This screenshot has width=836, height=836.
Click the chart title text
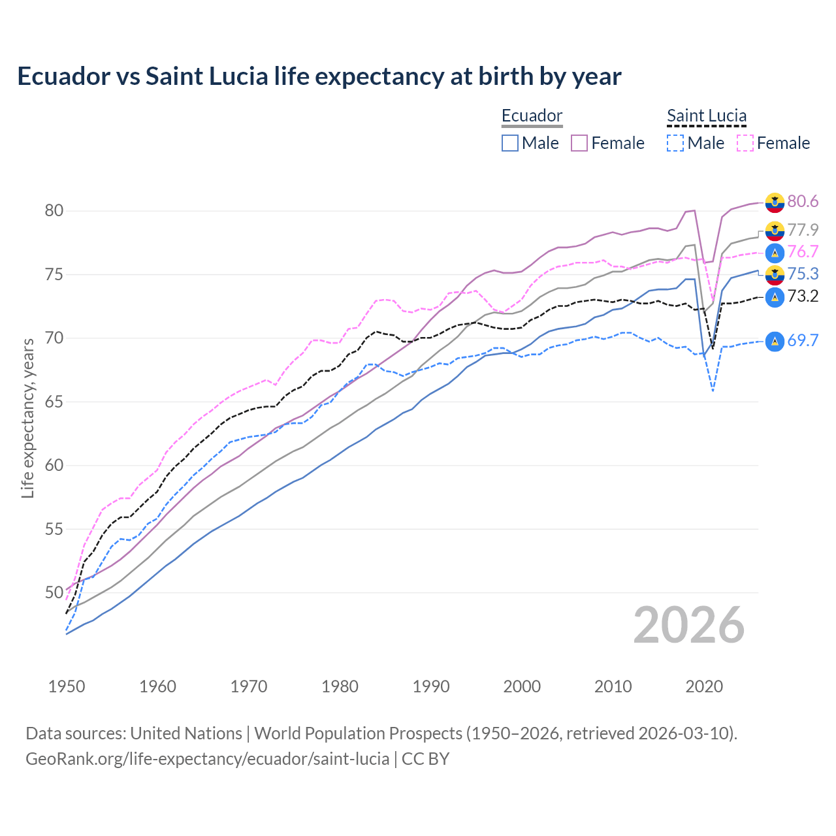click(x=319, y=76)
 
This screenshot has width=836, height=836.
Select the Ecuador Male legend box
click(x=510, y=143)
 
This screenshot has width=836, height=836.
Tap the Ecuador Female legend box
click(x=579, y=143)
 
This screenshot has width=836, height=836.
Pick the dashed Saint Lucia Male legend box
click(x=675, y=143)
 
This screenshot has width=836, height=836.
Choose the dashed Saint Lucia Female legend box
click(x=745, y=143)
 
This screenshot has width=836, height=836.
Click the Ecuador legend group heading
click(x=532, y=116)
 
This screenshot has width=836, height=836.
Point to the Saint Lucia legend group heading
click(x=707, y=116)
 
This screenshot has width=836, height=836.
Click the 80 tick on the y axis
click(x=54, y=210)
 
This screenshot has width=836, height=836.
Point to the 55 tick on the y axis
click(x=54, y=529)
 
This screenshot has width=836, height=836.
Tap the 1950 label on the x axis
click(x=67, y=686)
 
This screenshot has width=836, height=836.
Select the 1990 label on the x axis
click(x=431, y=686)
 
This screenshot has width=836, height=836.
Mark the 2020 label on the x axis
click(x=704, y=686)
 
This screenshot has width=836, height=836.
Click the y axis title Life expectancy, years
click(x=27, y=418)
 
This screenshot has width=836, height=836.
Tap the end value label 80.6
click(x=803, y=201)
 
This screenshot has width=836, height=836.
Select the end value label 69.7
click(x=803, y=340)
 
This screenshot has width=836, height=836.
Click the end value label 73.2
click(x=803, y=297)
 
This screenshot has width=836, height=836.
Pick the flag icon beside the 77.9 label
click(x=775, y=231)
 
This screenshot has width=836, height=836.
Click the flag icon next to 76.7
click(x=775, y=253)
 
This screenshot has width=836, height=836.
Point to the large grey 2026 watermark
click(x=688, y=625)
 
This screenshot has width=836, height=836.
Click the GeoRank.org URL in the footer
click(x=207, y=759)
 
